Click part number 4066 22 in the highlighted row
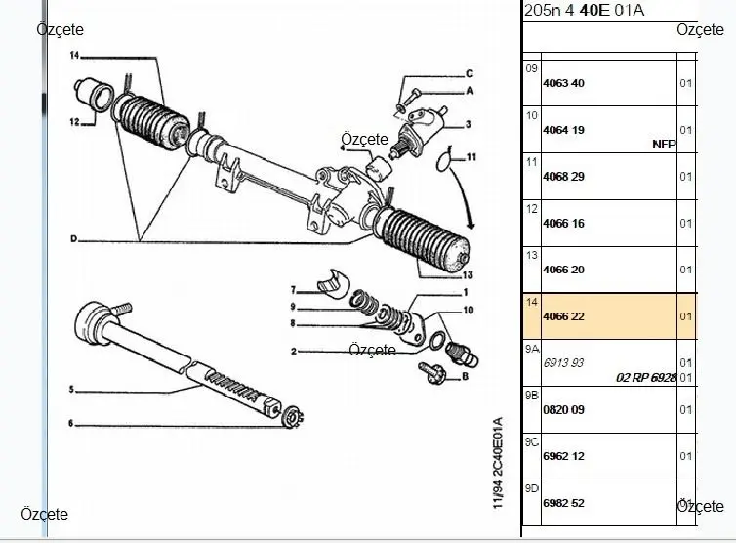[x=562, y=316]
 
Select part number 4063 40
[x=562, y=83]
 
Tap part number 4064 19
[x=562, y=129]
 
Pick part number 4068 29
[x=562, y=177]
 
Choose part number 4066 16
[x=562, y=223]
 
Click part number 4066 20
[x=562, y=270]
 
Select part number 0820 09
[x=562, y=410]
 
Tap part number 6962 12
[x=562, y=456]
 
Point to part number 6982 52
[x=562, y=503]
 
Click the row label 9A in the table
[x=532, y=349]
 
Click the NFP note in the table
[x=664, y=144]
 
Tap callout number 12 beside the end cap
[x=74, y=123]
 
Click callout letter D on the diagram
[x=74, y=239]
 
